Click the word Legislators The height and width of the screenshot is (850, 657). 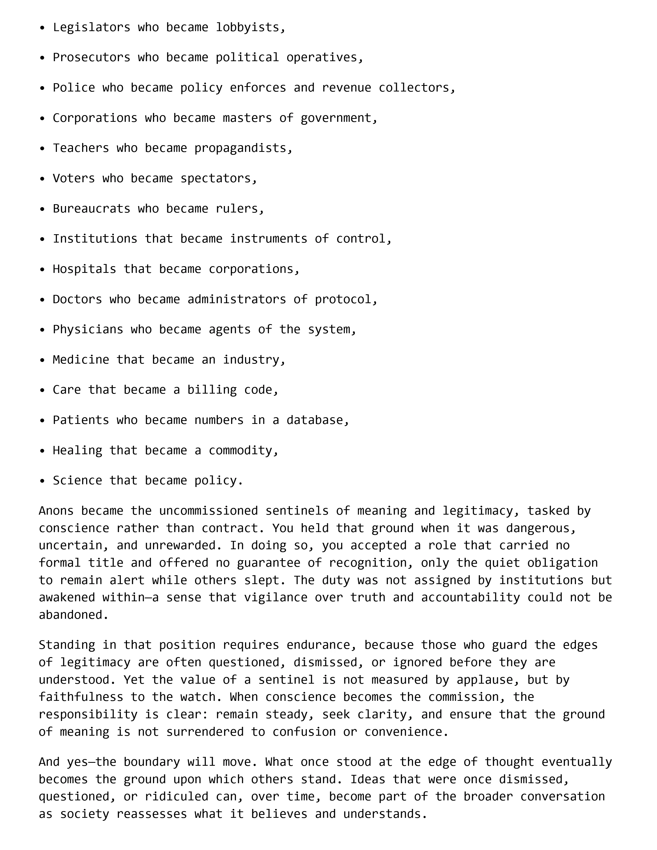coord(92,27)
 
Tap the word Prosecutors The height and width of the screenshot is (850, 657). coord(92,58)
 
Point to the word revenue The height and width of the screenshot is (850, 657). coord(346,87)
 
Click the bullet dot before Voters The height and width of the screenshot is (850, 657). coord(42,179)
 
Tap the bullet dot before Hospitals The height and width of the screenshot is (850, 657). coord(42,270)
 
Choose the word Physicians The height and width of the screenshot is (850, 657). coord(88,330)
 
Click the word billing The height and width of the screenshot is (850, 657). coord(212,390)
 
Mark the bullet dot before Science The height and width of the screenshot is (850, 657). coord(42,481)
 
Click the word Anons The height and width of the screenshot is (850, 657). coord(56,511)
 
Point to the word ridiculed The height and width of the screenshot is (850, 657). coord(177,796)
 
